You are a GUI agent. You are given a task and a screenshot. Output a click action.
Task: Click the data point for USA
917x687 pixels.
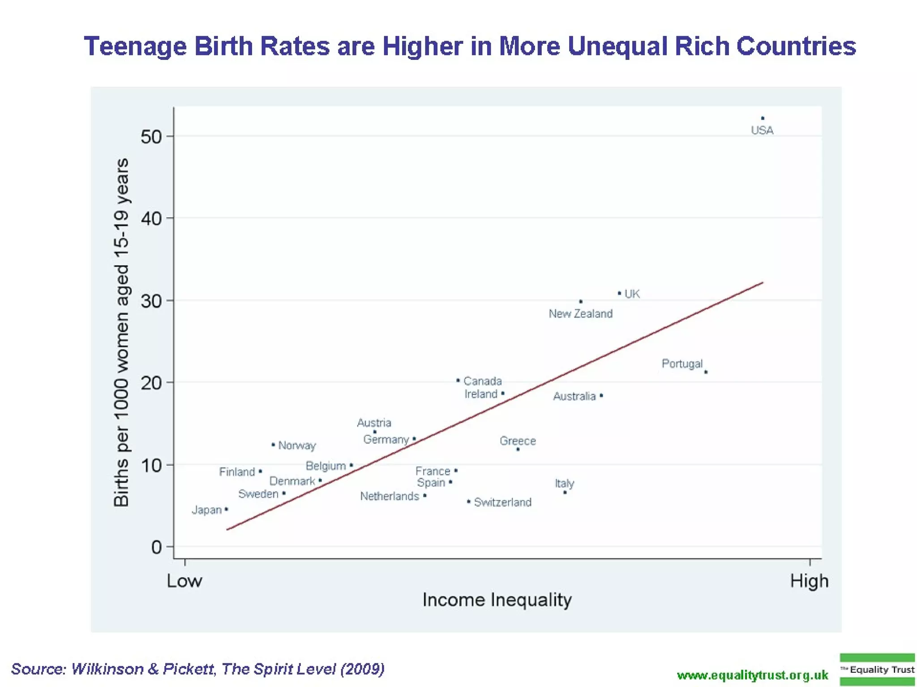coord(763,119)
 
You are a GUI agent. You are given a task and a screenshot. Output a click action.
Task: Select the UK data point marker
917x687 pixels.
coord(620,293)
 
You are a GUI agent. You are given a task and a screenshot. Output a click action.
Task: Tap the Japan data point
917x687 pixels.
coord(226,509)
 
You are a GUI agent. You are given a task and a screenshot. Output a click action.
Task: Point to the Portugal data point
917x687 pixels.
coord(706,372)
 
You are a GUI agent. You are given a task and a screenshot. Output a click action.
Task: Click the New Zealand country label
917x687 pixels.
coord(580,314)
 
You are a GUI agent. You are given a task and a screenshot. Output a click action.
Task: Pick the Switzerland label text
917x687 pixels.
coord(502,502)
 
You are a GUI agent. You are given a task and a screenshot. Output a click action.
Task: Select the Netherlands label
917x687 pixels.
coord(390,496)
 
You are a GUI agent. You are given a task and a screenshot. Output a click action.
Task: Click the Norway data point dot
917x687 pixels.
coord(273,445)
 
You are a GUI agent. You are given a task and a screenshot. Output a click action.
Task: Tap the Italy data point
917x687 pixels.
coord(565,492)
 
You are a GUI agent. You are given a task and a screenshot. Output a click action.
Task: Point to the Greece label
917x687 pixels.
coord(518,441)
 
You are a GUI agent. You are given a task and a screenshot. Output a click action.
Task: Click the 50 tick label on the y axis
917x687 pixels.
coord(151,136)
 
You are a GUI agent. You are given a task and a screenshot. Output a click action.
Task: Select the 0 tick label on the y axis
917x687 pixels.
coord(156,547)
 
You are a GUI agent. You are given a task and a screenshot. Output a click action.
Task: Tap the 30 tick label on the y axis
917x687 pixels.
coord(151,301)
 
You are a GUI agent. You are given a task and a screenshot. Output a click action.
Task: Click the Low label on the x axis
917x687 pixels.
coord(184,581)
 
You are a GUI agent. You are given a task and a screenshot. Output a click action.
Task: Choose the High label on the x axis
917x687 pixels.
coord(809,581)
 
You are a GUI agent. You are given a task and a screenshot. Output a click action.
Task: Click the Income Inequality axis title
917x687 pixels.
coord(497,600)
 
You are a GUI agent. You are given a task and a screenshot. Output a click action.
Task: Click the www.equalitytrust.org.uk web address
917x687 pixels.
coord(752,675)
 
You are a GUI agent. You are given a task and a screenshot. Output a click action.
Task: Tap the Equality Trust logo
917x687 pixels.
coord(877,670)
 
